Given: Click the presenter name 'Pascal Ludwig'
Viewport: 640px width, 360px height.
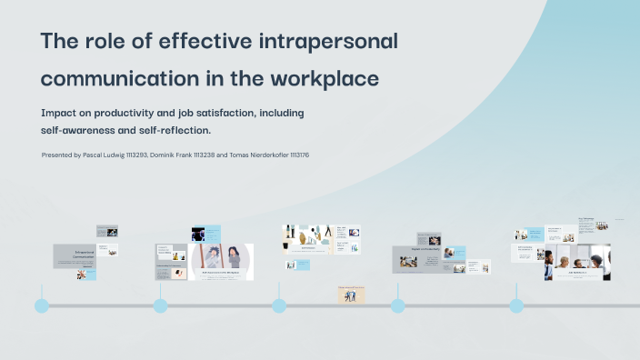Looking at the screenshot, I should click(x=101, y=155).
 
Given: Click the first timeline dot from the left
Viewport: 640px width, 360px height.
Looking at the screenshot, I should click(x=42, y=305).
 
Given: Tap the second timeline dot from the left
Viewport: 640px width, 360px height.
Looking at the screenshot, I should click(x=160, y=305).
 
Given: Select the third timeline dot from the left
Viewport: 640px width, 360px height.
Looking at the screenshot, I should click(x=279, y=305).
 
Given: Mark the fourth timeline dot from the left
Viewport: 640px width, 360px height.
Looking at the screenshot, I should click(x=397, y=305).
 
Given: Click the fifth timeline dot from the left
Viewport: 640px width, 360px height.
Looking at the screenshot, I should click(x=516, y=305).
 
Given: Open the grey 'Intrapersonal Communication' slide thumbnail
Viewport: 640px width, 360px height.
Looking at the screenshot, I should click(x=75, y=255).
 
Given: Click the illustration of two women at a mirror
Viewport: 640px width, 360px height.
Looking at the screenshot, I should click(x=222, y=260).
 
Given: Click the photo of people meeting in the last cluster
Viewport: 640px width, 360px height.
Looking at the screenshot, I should click(x=582, y=264).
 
